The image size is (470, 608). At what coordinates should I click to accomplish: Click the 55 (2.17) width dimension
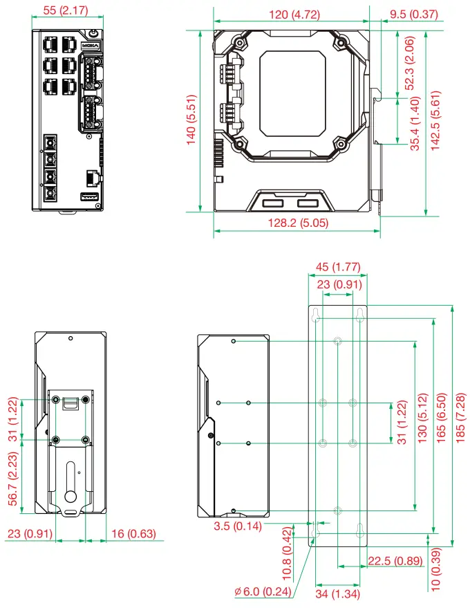point(66,11)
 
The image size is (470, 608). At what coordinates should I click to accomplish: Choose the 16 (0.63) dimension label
point(133,534)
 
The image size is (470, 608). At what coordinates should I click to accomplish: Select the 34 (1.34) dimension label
point(337,593)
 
